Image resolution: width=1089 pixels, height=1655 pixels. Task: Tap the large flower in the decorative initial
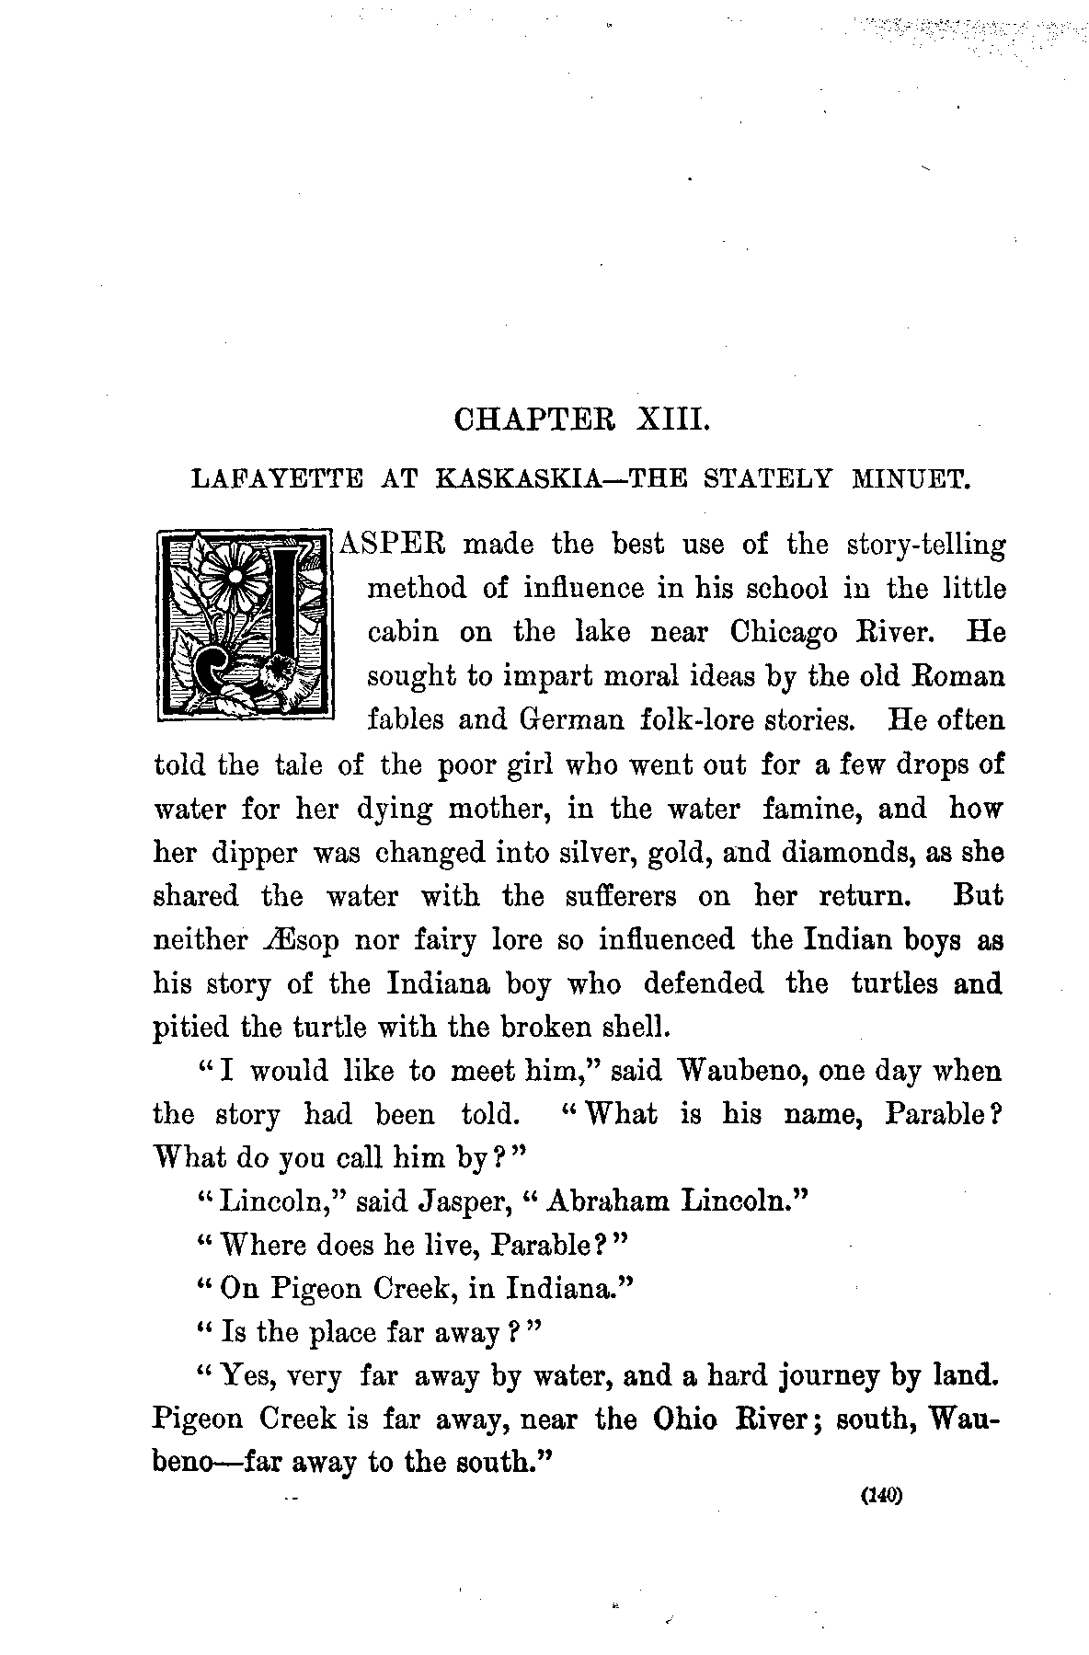point(235,578)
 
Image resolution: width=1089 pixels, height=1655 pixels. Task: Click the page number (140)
point(882,1496)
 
